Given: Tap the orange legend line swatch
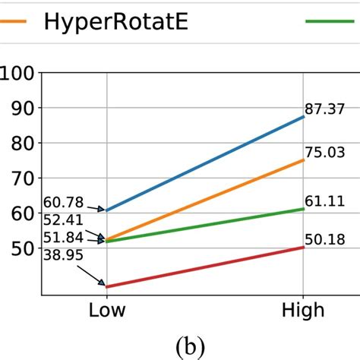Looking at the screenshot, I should click(x=15, y=22).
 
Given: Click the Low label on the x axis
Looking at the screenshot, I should click(x=106, y=311).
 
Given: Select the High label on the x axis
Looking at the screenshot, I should click(x=303, y=311).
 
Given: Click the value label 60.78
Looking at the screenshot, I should click(x=65, y=202).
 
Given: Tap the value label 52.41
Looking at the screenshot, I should click(x=65, y=221).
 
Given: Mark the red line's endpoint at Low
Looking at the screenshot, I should click(x=106, y=287).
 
